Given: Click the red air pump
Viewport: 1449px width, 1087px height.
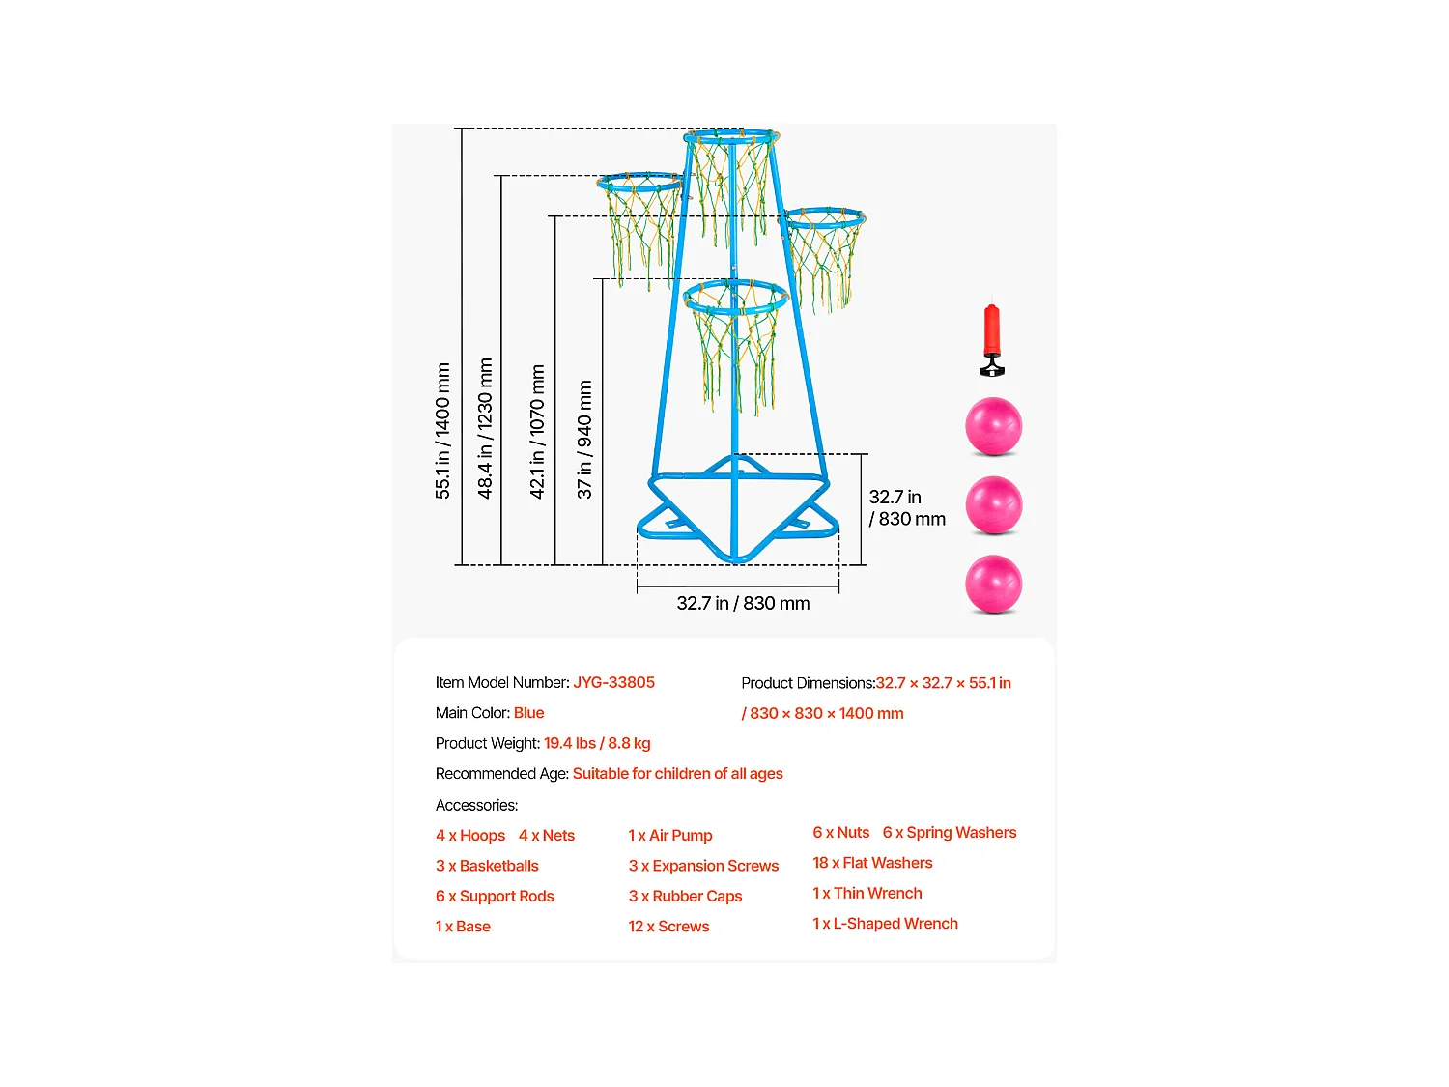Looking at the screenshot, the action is click(x=991, y=339).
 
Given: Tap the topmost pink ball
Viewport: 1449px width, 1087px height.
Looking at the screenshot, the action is click(x=993, y=426).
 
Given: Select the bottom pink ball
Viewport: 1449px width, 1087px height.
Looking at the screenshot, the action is click(x=993, y=584).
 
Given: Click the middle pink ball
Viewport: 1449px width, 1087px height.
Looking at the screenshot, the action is click(x=993, y=505).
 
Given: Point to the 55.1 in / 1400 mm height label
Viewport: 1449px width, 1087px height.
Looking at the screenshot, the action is click(x=442, y=430).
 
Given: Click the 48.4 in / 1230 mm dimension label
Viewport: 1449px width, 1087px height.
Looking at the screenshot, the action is click(x=485, y=428).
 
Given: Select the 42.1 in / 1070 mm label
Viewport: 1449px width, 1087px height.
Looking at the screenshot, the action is click(x=537, y=432).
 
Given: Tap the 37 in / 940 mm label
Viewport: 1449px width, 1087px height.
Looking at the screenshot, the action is click(x=584, y=440).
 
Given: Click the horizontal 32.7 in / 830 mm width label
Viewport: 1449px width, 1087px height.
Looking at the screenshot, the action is click(x=743, y=603).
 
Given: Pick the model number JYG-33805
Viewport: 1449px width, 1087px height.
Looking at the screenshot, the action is click(x=613, y=682).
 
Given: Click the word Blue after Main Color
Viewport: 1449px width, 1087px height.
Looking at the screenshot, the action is click(x=528, y=713).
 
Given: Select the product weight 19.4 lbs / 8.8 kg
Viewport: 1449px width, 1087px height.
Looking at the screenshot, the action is click(x=597, y=743).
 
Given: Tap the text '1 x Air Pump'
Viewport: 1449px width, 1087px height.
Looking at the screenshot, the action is click(x=670, y=835).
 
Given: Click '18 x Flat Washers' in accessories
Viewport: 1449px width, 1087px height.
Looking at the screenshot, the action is click(x=872, y=863).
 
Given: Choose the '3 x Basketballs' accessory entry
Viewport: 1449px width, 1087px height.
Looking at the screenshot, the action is click(x=487, y=865).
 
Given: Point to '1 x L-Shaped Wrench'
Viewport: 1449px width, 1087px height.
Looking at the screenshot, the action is click(x=885, y=924).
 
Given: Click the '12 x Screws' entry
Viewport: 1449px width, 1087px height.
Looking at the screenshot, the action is click(x=668, y=926).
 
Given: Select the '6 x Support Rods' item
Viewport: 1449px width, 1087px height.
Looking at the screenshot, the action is click(x=495, y=896).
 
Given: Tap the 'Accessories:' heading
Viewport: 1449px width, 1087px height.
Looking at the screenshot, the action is click(x=476, y=805).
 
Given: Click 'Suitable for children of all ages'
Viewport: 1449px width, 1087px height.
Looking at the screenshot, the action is click(x=677, y=774).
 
